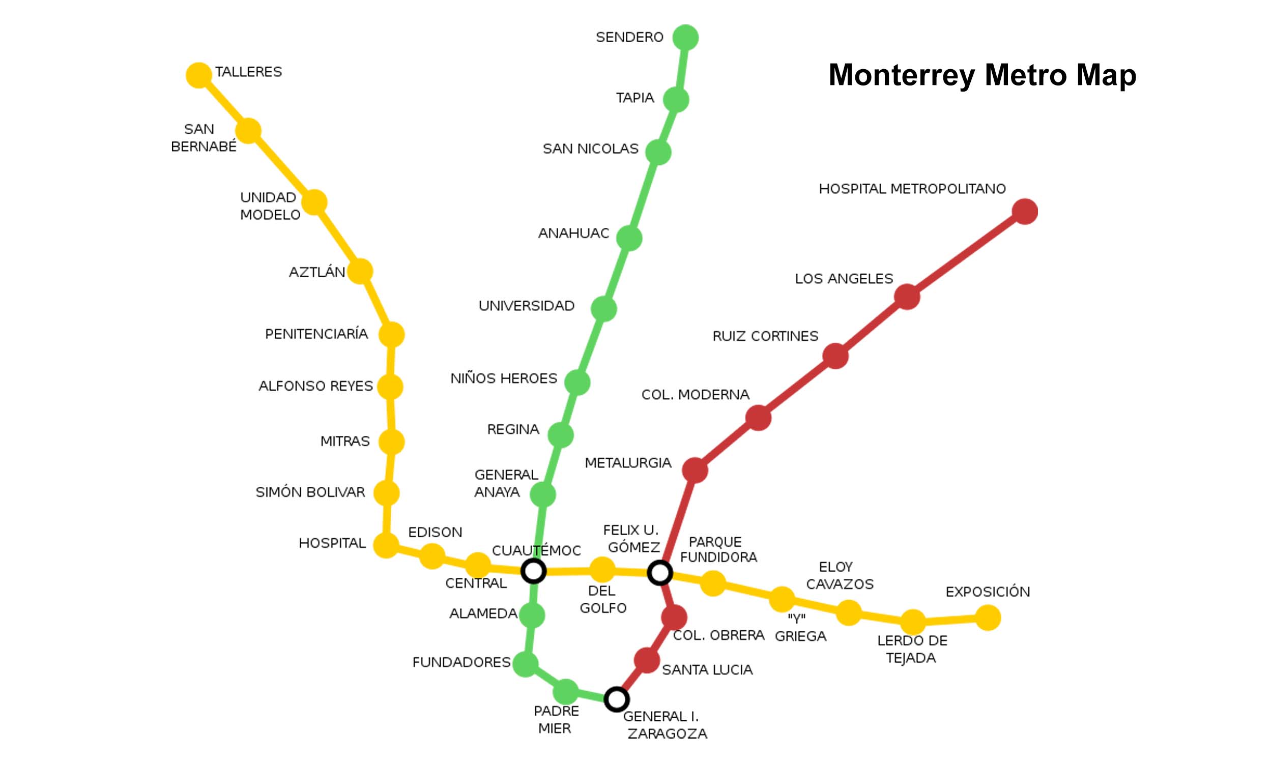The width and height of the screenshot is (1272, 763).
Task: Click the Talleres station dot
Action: pyautogui.click(x=198, y=75)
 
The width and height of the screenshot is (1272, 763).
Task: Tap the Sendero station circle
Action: pyautogui.click(x=685, y=37)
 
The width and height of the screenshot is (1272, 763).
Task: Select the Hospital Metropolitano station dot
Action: pyautogui.click(x=1025, y=211)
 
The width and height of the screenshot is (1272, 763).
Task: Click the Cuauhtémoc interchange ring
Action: pyautogui.click(x=533, y=571)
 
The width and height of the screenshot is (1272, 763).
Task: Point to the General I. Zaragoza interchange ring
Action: pyautogui.click(x=616, y=699)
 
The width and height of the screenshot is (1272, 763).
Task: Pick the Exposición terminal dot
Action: pyautogui.click(x=988, y=618)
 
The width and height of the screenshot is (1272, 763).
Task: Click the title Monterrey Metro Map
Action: pyautogui.click(x=982, y=75)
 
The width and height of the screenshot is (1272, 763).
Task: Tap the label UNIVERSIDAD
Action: pyautogui.click(x=527, y=306)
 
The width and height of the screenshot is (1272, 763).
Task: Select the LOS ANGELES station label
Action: pyautogui.click(x=844, y=279)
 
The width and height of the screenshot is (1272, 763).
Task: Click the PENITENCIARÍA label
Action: pyautogui.click(x=316, y=334)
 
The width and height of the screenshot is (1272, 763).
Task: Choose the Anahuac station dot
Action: pyautogui.click(x=629, y=238)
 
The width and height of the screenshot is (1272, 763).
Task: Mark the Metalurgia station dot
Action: pyautogui.click(x=695, y=470)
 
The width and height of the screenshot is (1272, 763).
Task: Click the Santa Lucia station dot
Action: pyautogui.click(x=646, y=660)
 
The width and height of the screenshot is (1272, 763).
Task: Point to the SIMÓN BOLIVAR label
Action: pyautogui.click(x=310, y=492)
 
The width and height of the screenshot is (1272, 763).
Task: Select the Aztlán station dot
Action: pyautogui.click(x=359, y=271)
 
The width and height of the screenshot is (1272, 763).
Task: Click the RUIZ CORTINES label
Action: pyautogui.click(x=765, y=336)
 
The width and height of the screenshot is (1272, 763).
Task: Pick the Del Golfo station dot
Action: pyautogui.click(x=602, y=570)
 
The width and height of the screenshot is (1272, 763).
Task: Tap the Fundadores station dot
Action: pyautogui.click(x=525, y=664)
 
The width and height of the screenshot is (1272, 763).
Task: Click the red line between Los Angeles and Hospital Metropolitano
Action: pyautogui.click(x=966, y=254)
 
